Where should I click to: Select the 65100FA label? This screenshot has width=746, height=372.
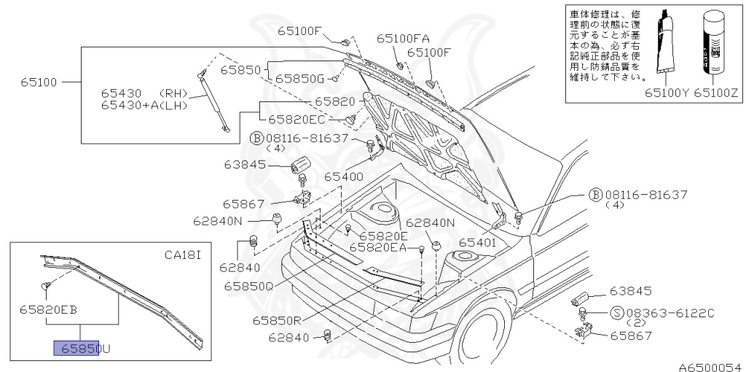point(403,38)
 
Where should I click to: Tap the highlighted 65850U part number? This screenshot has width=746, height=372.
point(81,349)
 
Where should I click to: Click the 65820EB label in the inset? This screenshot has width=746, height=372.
point(48,309)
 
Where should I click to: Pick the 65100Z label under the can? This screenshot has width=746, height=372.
point(716,93)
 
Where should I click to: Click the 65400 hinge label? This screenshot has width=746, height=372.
point(343,177)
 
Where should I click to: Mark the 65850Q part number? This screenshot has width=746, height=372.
point(248,286)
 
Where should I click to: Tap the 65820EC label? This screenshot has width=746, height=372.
point(296,119)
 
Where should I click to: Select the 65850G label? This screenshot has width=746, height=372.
point(299,77)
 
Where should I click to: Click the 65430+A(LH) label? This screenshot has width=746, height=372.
point(144,105)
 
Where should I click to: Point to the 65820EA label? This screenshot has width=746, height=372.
point(377,248)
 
